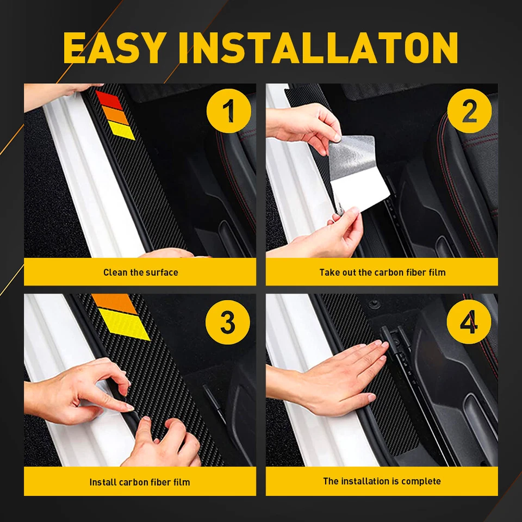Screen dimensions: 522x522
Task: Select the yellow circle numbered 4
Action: (x=469, y=322)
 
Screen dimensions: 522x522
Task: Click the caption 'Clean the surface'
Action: (x=140, y=272)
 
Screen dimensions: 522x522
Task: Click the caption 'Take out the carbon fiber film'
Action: (x=382, y=272)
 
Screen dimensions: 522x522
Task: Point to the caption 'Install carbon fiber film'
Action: (x=140, y=482)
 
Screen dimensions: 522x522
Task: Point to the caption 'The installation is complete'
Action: (x=382, y=481)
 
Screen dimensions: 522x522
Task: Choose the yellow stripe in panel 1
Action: (x=121, y=130)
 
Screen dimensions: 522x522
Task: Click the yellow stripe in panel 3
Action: (x=124, y=325)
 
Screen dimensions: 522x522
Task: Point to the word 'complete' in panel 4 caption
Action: (x=421, y=481)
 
